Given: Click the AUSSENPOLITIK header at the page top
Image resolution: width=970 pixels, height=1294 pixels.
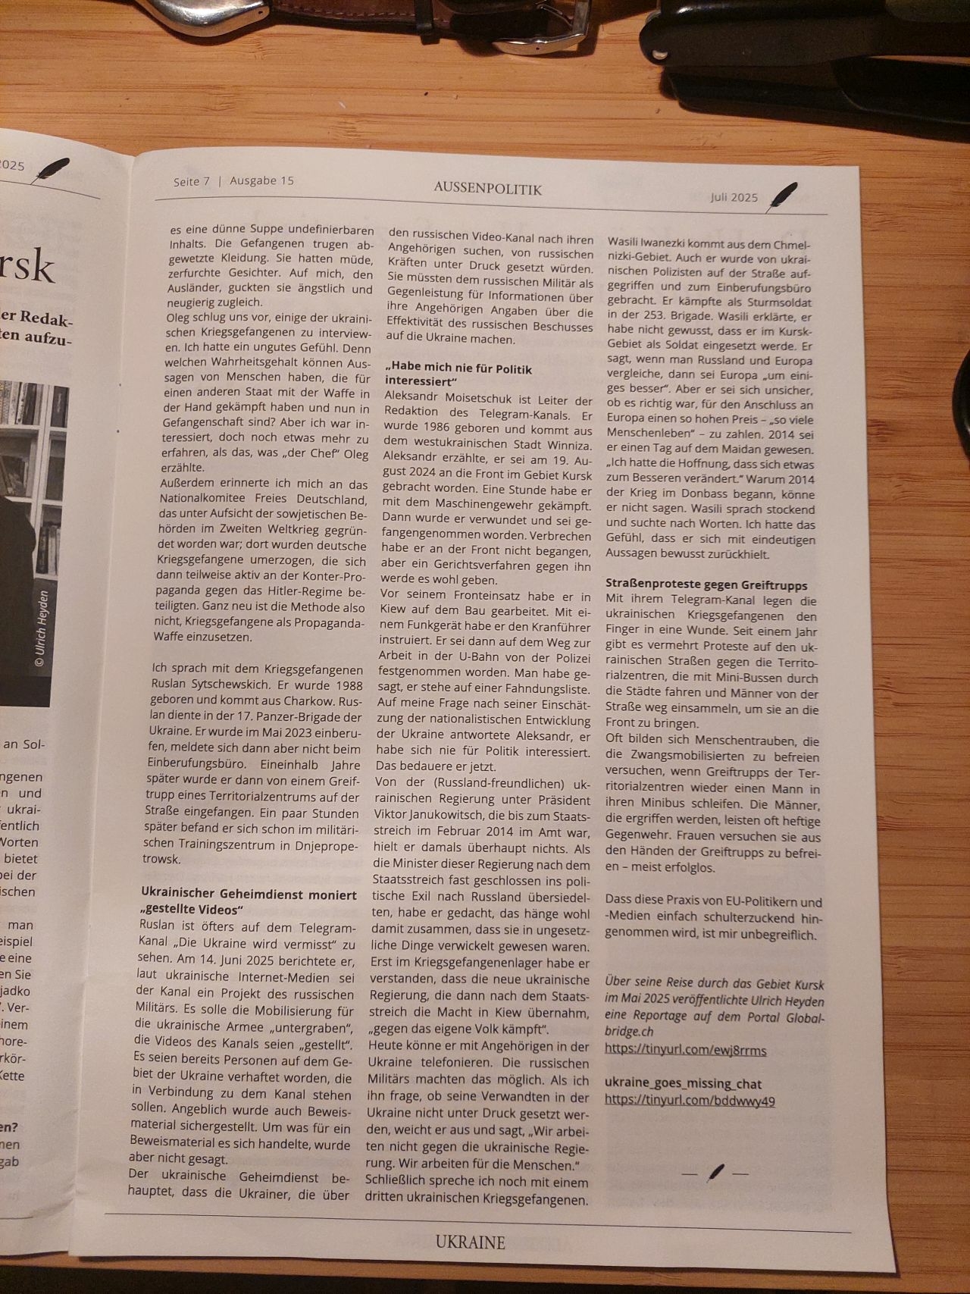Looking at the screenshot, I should click(x=488, y=188).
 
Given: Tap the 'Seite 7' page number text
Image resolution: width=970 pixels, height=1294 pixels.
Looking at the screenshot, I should click(x=191, y=181).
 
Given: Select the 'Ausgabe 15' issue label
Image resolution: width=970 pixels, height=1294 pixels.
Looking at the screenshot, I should click(x=261, y=180).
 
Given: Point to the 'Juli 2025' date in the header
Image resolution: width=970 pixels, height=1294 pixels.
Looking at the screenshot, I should click(x=734, y=197).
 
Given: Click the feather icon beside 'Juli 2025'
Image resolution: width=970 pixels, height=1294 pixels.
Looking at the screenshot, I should click(x=782, y=196).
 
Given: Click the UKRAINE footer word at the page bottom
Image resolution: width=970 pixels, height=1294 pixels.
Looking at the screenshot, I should click(x=470, y=1242).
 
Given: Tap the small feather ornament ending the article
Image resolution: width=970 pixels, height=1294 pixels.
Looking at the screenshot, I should click(x=715, y=1173).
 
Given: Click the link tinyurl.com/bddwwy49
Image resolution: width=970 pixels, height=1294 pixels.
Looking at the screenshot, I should click(x=690, y=1100).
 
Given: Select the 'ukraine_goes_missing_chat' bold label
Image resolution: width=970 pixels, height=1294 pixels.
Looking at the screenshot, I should click(x=683, y=1083).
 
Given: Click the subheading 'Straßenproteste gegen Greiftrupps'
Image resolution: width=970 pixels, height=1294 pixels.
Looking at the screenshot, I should click(x=706, y=585).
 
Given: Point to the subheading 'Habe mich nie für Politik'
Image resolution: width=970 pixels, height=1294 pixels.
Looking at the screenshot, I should click(x=459, y=370).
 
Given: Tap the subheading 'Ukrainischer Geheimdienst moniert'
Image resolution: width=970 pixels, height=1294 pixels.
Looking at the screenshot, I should click(x=249, y=895).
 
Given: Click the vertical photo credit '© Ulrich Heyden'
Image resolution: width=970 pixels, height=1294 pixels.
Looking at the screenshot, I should click(x=42, y=628).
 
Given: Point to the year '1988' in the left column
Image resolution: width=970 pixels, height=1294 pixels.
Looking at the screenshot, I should click(x=346, y=685).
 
